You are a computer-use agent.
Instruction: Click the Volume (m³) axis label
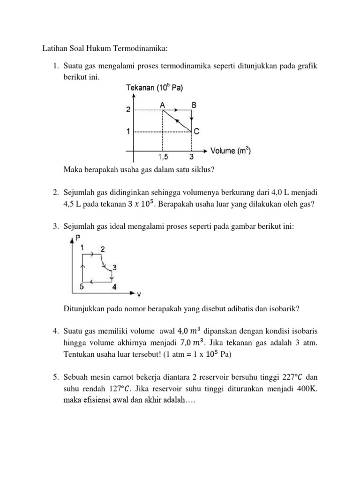pyautogui.click(x=230, y=151)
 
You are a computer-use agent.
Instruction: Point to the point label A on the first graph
pyautogui.click(x=162, y=106)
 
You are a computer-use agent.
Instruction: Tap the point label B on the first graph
pyautogui.click(x=194, y=106)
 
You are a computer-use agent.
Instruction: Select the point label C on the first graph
pyautogui.click(x=197, y=132)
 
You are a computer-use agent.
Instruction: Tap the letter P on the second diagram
pyautogui.click(x=78, y=239)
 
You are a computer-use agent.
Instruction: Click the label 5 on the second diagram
pyautogui.click(x=82, y=287)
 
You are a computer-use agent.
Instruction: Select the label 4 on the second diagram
pyautogui.click(x=114, y=287)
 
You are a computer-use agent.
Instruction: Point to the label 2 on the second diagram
pyautogui.click(x=102, y=248)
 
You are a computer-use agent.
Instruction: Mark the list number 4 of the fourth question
pyautogui.click(x=55, y=331)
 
